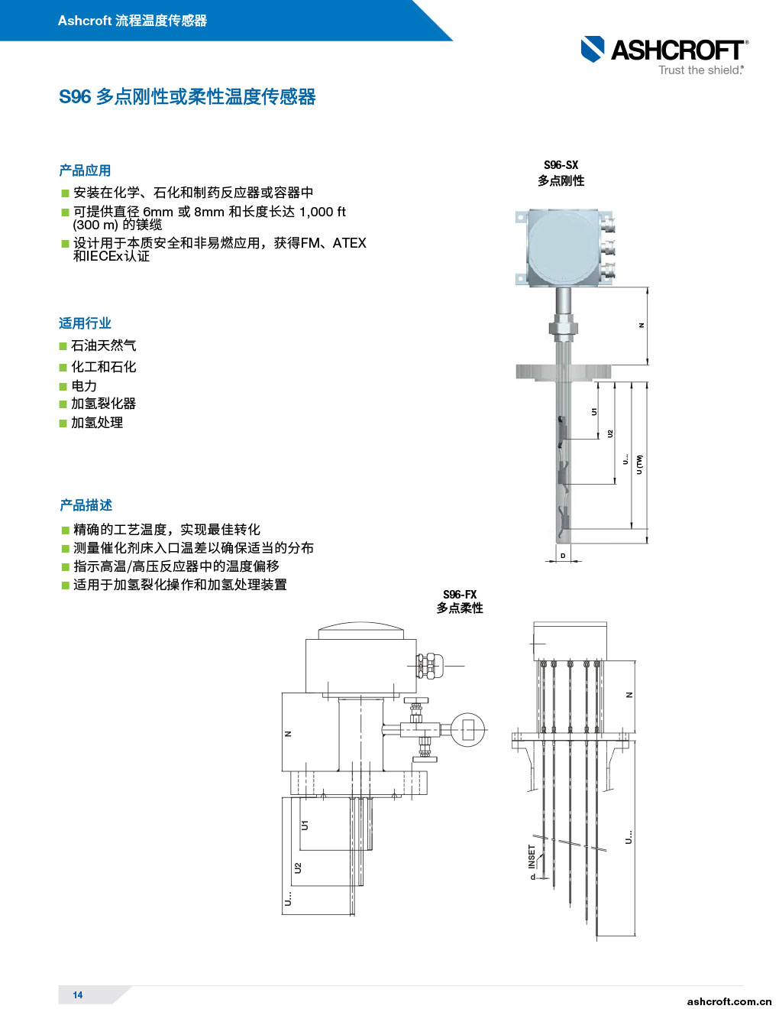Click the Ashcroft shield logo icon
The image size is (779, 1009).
593,49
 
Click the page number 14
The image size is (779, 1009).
78,994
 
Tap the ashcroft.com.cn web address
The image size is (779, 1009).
729,1001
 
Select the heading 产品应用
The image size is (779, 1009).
85,170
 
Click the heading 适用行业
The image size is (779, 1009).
85,323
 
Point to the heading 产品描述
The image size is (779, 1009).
86,505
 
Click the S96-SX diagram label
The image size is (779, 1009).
561,165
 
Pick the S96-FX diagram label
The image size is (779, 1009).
460,595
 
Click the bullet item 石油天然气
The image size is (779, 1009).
103,346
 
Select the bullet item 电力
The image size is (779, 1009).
84,386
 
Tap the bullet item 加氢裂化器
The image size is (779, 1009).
103,404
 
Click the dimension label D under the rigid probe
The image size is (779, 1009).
563,556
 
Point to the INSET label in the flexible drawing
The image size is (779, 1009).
532,856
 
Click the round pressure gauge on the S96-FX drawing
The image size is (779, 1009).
467,729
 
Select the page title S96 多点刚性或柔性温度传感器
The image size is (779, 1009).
187,97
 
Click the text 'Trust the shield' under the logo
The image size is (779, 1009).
700,70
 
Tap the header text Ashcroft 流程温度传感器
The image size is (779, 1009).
132,21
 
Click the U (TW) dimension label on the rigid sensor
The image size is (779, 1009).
640,464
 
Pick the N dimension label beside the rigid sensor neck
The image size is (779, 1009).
642,326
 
